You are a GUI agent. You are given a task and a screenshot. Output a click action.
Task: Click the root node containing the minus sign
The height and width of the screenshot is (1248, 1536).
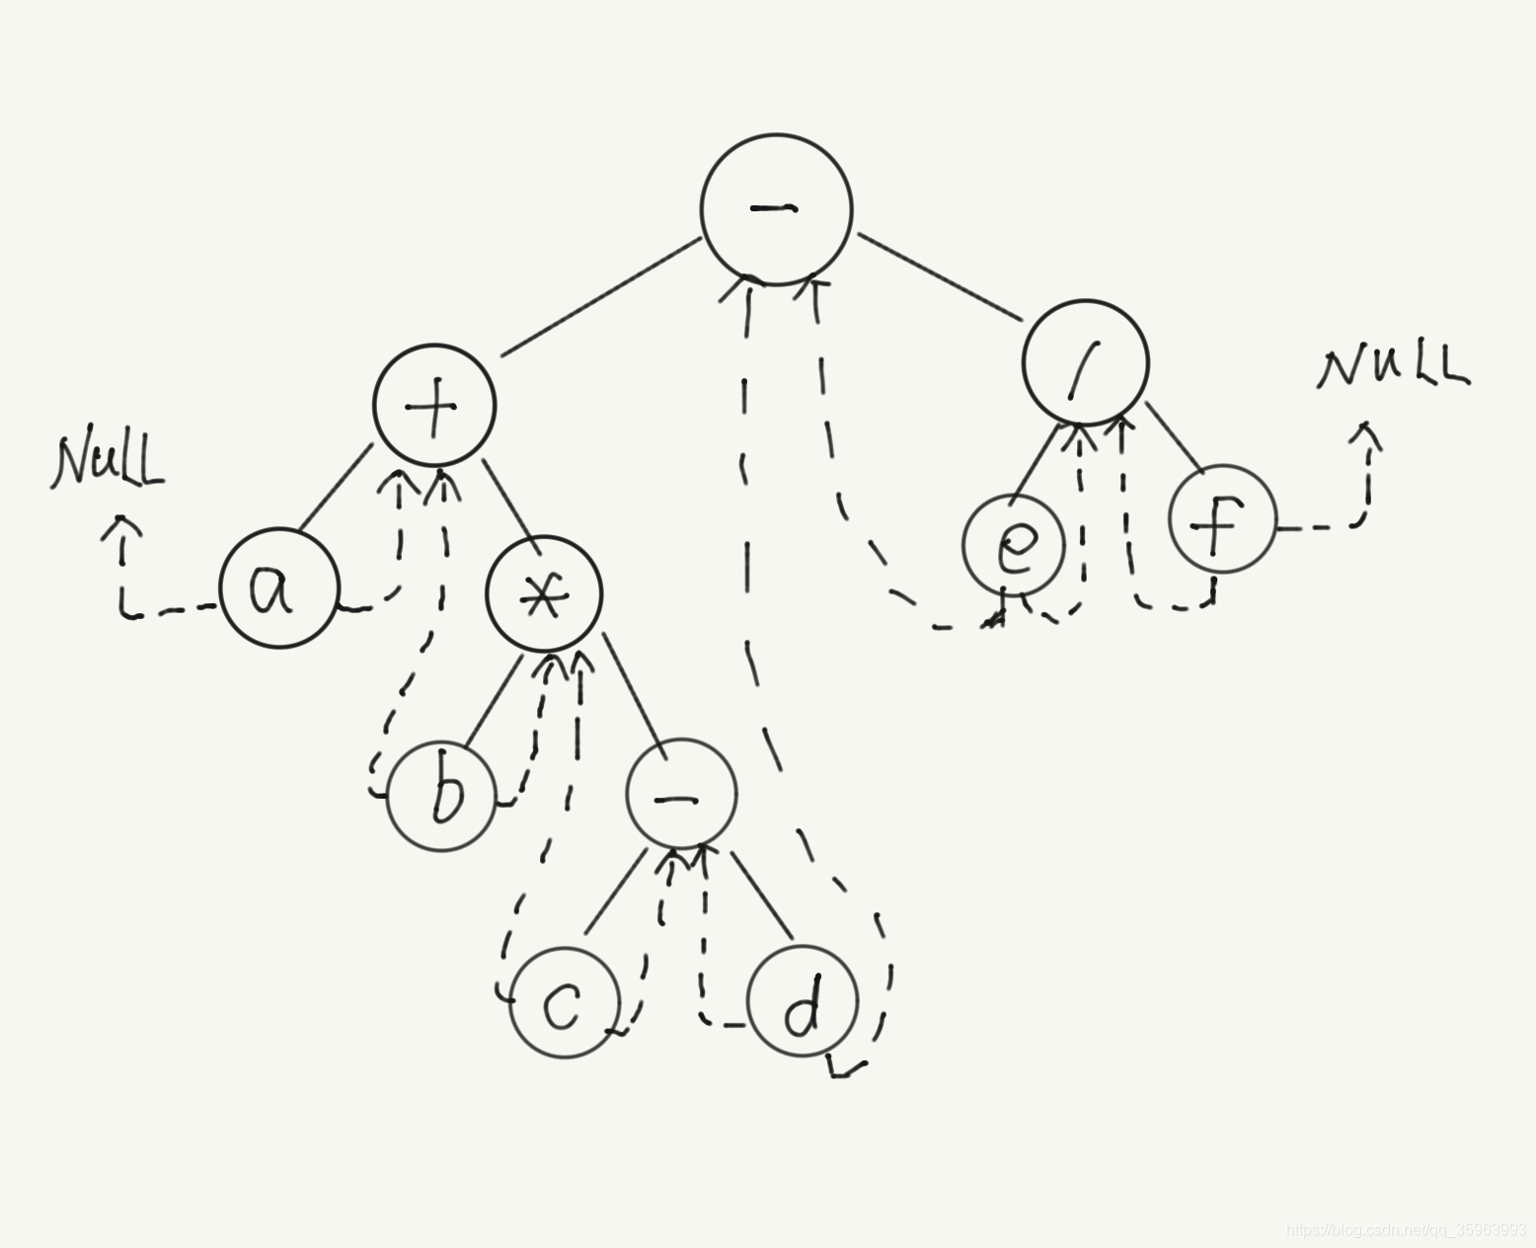[776, 209]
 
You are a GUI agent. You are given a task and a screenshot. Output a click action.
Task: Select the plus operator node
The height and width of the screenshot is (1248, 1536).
[434, 406]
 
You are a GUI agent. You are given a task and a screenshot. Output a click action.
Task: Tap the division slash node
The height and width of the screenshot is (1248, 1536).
[1086, 362]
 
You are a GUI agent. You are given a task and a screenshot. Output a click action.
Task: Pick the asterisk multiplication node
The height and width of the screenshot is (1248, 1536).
[544, 594]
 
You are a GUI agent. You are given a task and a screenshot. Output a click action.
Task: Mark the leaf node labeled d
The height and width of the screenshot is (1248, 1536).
[803, 1002]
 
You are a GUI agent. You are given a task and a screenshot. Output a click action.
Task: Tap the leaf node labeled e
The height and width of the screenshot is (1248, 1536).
[1014, 546]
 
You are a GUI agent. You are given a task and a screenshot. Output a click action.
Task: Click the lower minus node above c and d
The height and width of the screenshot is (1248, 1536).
[681, 795]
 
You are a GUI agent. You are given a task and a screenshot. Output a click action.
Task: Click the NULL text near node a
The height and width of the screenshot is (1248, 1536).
[109, 461]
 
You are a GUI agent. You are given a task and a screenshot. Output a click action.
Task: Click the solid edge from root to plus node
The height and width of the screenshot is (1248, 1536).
[602, 297]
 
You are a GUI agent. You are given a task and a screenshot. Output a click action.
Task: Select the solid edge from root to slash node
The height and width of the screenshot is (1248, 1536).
[938, 278]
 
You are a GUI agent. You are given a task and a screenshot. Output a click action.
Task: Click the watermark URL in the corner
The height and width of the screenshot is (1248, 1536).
[1407, 1229]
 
